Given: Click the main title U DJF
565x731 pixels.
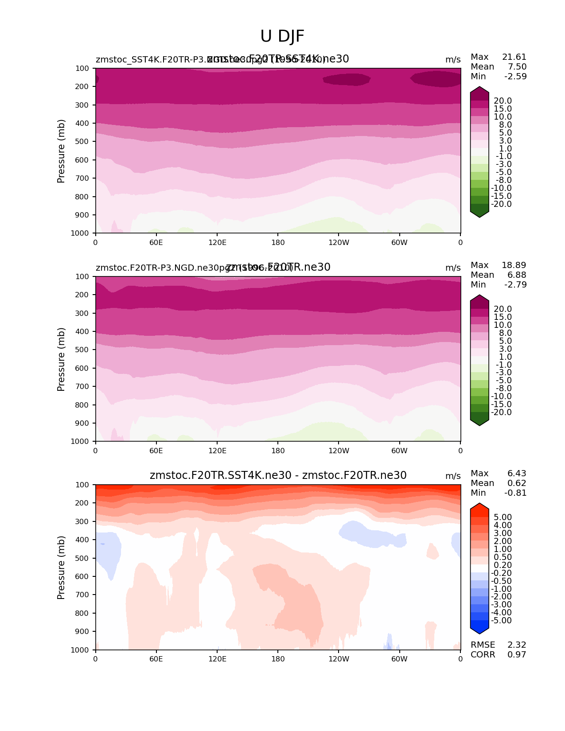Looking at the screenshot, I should (282, 36).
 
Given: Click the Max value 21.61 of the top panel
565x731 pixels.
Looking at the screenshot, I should (514, 57).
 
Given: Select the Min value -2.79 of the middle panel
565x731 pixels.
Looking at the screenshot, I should (515, 285).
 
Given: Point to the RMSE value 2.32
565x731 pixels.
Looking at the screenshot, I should (517, 645).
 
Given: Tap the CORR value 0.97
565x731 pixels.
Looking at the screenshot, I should (517, 655).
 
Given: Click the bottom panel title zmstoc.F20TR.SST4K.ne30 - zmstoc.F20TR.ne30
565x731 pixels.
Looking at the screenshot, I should (278, 476).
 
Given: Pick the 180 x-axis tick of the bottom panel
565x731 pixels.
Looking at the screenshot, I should (278, 659).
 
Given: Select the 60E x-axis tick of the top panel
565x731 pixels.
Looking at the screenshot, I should (156, 243).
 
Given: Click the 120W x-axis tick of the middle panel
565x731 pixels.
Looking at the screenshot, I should (339, 451).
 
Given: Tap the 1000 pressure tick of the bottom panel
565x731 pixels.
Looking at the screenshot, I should (80, 650).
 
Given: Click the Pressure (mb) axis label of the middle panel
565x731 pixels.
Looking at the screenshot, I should (61, 359).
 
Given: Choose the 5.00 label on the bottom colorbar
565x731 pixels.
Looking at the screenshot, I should (503, 517).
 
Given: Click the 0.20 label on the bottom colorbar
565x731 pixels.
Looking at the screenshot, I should (503, 565).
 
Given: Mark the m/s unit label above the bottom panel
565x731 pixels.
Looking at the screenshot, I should (453, 476).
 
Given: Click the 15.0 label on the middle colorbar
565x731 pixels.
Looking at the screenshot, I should (503, 317).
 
